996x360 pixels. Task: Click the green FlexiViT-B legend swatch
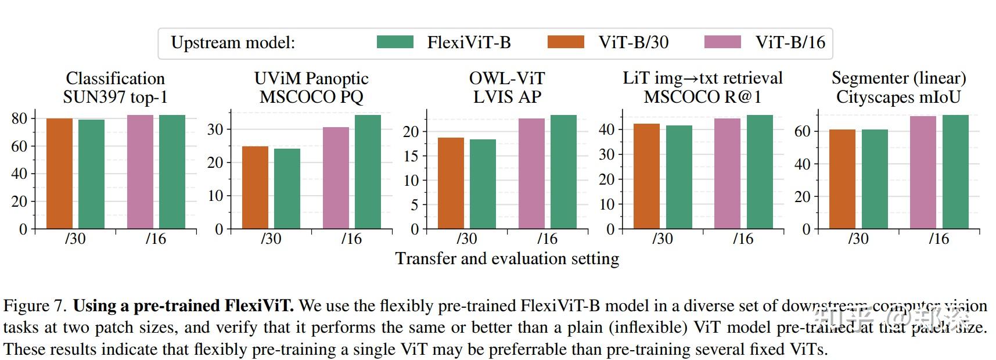(395, 42)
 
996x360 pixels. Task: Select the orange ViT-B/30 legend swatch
(566, 42)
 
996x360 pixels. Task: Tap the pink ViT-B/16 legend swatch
(722, 42)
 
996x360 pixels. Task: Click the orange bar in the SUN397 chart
(59, 174)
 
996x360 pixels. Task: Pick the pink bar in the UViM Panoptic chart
(336, 178)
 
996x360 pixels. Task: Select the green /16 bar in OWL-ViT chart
(563, 172)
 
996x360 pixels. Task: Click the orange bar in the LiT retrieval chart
(646, 177)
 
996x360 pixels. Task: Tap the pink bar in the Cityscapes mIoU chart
(923, 172)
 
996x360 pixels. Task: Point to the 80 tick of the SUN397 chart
(20, 118)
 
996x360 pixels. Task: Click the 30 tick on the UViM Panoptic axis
(215, 129)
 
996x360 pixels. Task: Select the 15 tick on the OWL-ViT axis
(411, 156)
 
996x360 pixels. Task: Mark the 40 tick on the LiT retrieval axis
(607, 129)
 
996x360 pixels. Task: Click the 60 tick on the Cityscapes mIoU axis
(803, 131)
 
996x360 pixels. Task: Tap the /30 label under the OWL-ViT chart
(467, 239)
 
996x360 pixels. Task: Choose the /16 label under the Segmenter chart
(939, 239)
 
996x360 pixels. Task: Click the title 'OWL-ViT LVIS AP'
(507, 87)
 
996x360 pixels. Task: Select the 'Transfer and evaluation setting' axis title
(507, 258)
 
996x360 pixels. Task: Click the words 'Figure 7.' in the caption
(35, 306)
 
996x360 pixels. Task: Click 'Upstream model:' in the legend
(233, 43)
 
